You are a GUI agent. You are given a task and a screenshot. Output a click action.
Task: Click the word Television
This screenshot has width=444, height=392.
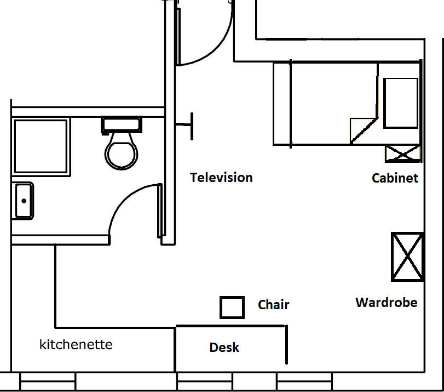pos(221,178)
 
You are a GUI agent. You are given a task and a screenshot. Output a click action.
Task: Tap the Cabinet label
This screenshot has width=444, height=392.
pos(395,178)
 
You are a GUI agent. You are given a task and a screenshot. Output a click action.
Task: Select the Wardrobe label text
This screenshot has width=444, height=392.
pos(386,303)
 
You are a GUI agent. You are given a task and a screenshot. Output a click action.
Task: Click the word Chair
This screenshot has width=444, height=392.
pos(273,305)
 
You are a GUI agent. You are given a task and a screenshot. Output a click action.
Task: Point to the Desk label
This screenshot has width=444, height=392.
pos(224,347)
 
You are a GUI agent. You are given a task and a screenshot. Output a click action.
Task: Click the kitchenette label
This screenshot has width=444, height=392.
pos(76,345)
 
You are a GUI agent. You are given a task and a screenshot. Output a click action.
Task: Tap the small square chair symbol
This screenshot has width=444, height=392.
pos(232,308)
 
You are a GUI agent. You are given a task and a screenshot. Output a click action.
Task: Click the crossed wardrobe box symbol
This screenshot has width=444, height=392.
pos(407,257)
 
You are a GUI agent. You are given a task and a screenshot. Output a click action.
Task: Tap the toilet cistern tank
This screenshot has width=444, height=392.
pos(122,124)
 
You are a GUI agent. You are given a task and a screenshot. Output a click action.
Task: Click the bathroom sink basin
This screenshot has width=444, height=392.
pos(23,201)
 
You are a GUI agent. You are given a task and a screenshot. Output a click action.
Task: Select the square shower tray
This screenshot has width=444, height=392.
pos(41,146)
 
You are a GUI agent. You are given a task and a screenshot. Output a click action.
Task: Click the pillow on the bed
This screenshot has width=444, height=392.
pos(401,103)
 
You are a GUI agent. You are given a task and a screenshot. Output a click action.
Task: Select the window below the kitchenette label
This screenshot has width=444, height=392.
pos(48,381)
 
